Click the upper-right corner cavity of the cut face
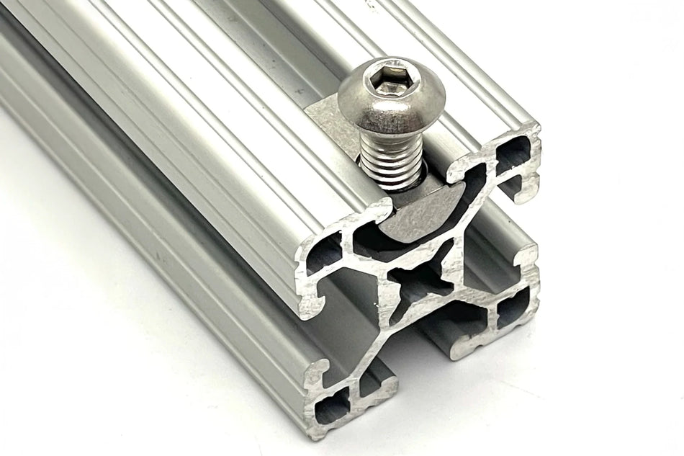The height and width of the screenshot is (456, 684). click(513, 154)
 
